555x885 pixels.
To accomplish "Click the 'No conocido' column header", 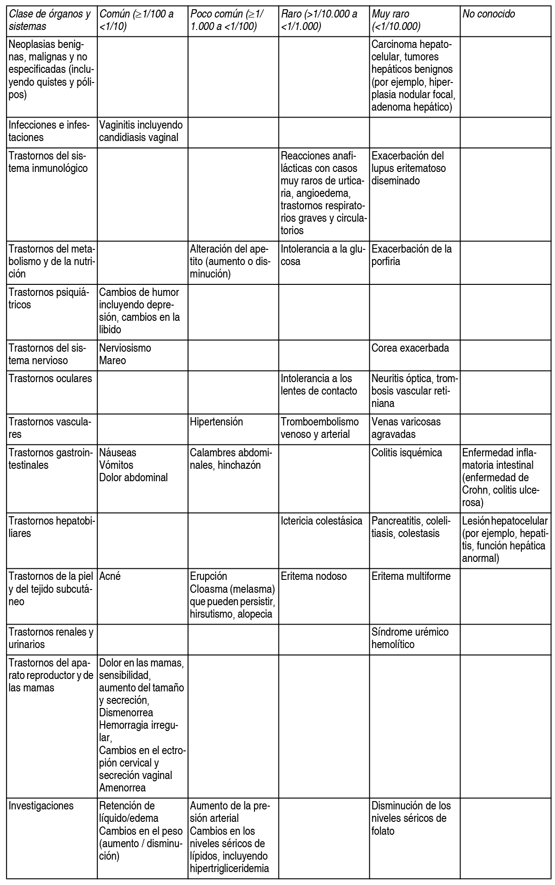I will point(489,14).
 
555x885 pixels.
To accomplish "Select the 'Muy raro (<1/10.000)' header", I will point(396,20).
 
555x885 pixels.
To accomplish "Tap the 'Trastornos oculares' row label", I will point(50,379).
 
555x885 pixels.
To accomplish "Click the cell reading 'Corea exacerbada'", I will point(410,348).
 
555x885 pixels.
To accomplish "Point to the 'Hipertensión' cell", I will point(216,422).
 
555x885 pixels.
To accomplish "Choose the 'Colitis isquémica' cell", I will point(407,453).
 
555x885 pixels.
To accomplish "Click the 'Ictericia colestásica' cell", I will point(321,521).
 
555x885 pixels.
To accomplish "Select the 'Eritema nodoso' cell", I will point(313,576).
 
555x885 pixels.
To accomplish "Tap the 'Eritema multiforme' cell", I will point(411,576).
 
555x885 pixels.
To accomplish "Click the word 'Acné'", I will point(110,576).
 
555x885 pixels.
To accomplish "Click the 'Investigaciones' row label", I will point(41,806).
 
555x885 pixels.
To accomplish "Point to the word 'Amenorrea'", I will point(122,788).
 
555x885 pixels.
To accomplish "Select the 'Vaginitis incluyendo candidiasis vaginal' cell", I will point(141,131).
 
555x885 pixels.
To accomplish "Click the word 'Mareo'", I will point(112,360).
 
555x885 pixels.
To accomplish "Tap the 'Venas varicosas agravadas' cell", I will point(406,428).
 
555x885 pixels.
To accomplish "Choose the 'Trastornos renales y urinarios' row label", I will point(51,638).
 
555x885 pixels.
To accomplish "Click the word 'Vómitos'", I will point(116,465).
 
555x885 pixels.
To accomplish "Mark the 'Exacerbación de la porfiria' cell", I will point(411,255).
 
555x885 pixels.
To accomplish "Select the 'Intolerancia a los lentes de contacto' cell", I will point(319,385).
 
